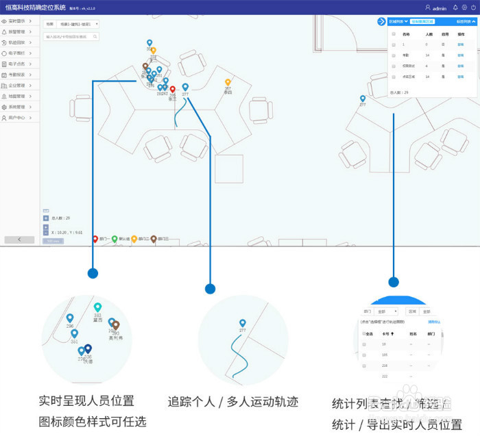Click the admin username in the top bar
[439, 8]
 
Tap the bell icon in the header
[455, 8]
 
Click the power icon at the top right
[473, 8]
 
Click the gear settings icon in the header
[464, 8]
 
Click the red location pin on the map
[173, 90]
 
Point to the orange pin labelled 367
[228, 83]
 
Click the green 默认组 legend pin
[115, 239]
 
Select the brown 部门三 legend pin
[154, 239]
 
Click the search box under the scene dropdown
[71, 36]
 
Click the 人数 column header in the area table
[429, 33]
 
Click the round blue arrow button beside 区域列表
[381, 22]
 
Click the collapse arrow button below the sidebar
[19, 240]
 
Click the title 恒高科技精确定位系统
[36, 8]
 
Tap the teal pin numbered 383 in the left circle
[98, 308]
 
